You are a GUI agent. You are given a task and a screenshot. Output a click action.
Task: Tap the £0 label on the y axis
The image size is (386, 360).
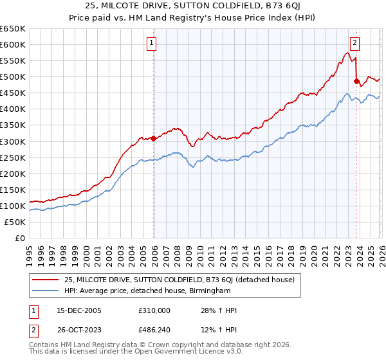[x=19, y=238]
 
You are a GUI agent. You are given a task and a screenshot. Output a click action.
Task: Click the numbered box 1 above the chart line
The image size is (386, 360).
[x=152, y=44]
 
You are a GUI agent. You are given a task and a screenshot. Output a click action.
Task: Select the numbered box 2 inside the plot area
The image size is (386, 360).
[x=354, y=44]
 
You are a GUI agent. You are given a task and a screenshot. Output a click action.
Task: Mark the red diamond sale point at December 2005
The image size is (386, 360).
[x=154, y=138]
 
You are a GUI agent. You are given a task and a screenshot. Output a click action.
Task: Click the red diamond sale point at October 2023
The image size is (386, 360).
[x=356, y=81]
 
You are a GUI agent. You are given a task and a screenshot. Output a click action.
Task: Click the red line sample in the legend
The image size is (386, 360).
[x=45, y=280]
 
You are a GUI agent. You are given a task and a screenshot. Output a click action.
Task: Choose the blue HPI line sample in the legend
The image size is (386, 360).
[x=45, y=291]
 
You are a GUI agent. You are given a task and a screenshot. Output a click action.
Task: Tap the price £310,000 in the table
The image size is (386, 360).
[x=155, y=310]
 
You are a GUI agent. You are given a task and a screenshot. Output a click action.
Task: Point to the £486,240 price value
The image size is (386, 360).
[x=155, y=331]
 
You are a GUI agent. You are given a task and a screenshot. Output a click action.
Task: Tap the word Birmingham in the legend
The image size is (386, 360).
[x=209, y=291]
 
